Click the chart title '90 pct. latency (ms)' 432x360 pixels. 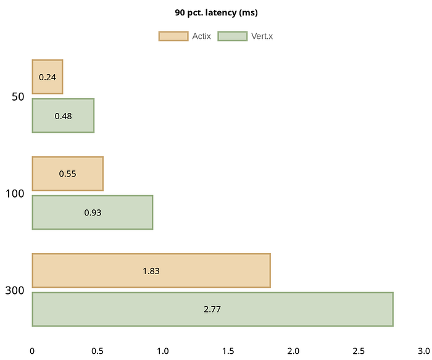tap(216, 12)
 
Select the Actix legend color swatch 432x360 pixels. tap(173, 36)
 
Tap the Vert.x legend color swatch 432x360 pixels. tap(233, 36)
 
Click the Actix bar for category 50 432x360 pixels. tap(47, 77)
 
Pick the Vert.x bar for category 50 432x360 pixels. tap(62, 115)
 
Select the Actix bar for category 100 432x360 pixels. tap(67, 174)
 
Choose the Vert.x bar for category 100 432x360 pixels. tap(92, 212)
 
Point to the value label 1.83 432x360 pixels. tap(151, 270)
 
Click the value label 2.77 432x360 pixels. tap(212, 309)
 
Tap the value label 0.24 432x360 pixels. tap(47, 77)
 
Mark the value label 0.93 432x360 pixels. tap(93, 212)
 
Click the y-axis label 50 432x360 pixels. tap(18, 97)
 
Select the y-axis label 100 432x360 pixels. tap(15, 193)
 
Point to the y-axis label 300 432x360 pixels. tap(15, 290)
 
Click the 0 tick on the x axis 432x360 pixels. tap(32, 351)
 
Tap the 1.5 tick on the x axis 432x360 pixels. tap(228, 351)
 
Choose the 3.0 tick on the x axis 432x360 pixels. tap(423, 351)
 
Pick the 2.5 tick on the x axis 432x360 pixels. tap(359, 351)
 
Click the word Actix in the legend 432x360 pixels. tap(201, 36)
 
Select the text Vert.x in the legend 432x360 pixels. tap(262, 36)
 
